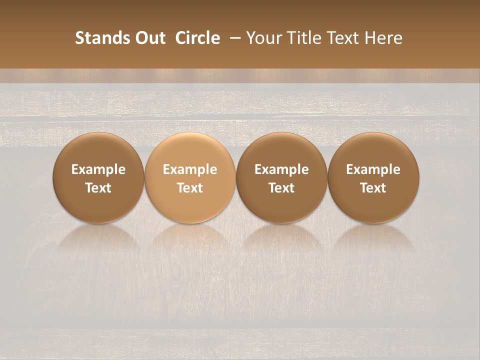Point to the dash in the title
point(233,38)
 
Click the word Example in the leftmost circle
point(98,169)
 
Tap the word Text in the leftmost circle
point(98,188)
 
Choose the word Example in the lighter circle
point(190,169)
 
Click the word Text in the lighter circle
point(190,188)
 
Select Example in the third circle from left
point(281,169)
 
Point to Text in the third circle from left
point(281,188)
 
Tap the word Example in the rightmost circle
point(373,169)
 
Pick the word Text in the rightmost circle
point(373,188)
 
